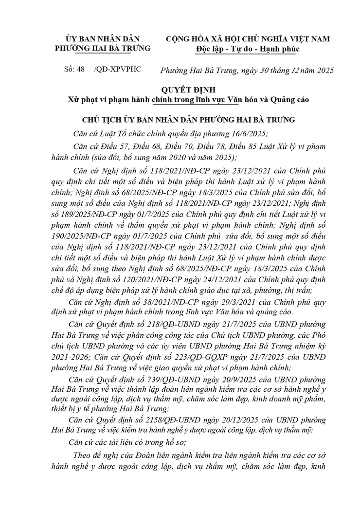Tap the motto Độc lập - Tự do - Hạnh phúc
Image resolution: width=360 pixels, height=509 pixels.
coord(248,49)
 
